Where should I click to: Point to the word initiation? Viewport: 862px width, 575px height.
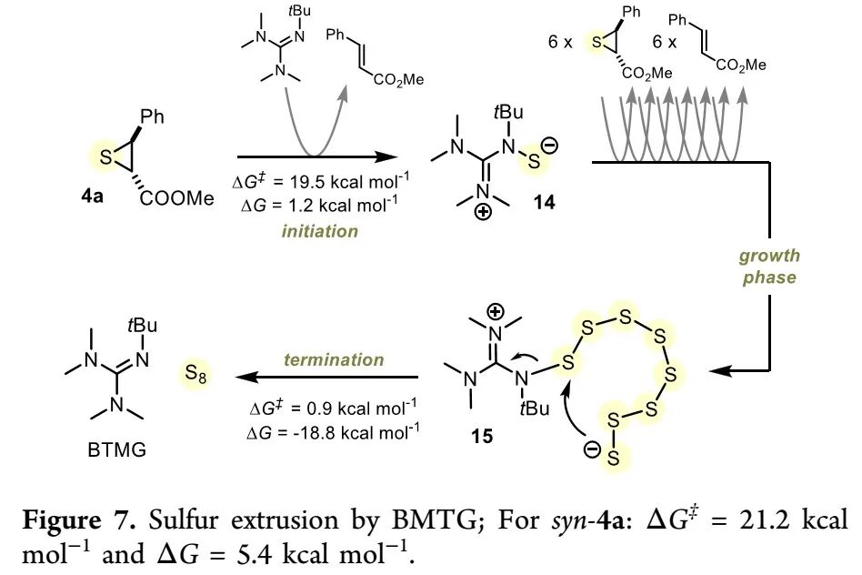click(319, 231)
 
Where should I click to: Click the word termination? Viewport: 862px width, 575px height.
click(334, 359)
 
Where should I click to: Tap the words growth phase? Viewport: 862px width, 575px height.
click(770, 266)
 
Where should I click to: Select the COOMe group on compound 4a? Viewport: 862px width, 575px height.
click(176, 197)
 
